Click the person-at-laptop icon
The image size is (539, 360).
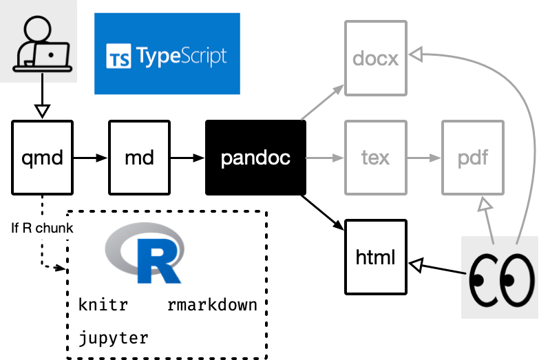39,41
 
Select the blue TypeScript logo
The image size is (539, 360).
167,54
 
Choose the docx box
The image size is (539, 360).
376,58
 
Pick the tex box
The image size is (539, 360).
376,158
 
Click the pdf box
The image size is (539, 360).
473,158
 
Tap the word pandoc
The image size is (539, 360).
255,158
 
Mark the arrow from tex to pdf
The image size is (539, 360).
424,158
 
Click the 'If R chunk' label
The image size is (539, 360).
41,228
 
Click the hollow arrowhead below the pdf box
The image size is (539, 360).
485,204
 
